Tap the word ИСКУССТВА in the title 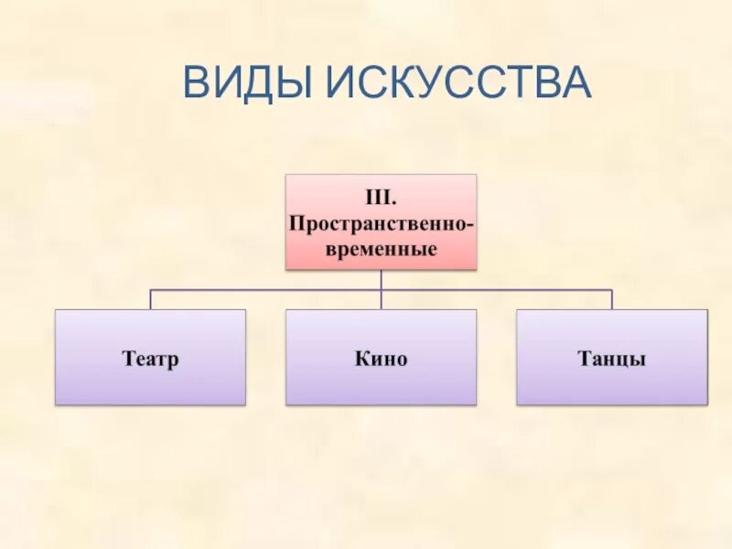(458, 82)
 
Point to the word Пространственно (377, 222)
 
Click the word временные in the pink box (381, 248)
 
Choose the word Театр (150, 358)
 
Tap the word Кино (381, 358)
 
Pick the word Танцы (611, 358)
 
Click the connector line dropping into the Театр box (150, 299)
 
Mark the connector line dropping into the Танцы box (611, 299)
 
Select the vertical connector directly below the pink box (381, 279)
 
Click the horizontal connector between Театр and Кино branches (265, 290)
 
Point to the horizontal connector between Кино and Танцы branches (496, 290)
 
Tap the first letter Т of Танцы (583, 358)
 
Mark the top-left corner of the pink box (286, 176)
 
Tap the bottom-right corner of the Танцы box (706, 404)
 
